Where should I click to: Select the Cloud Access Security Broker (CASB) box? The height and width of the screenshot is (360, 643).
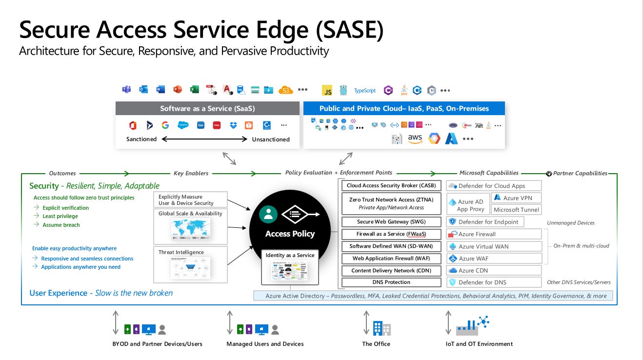tap(391, 186)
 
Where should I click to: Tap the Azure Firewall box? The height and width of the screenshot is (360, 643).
tap(494, 234)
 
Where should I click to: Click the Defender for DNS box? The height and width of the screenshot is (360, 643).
tap(494, 282)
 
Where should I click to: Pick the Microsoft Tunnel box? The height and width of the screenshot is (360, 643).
tap(516, 210)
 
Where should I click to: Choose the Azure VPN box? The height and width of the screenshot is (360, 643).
tap(516, 198)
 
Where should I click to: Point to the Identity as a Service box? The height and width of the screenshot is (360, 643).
tap(290, 267)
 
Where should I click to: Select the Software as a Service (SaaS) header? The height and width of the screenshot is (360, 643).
tap(207, 108)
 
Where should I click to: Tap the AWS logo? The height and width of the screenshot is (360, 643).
tap(415, 139)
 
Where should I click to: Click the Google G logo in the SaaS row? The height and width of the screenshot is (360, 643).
tap(165, 125)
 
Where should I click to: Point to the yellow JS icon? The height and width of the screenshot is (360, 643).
tap(327, 90)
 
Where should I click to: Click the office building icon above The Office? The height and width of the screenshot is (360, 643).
tap(382, 328)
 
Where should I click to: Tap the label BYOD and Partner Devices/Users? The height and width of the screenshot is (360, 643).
tap(157, 344)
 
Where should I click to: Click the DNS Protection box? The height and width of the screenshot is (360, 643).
tap(391, 282)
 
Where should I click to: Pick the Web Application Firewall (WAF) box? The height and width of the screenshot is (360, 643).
tap(391, 259)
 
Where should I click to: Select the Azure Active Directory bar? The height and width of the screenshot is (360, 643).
tap(433, 296)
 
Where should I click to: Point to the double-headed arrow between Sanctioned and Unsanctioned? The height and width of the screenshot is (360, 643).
tap(204, 139)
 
